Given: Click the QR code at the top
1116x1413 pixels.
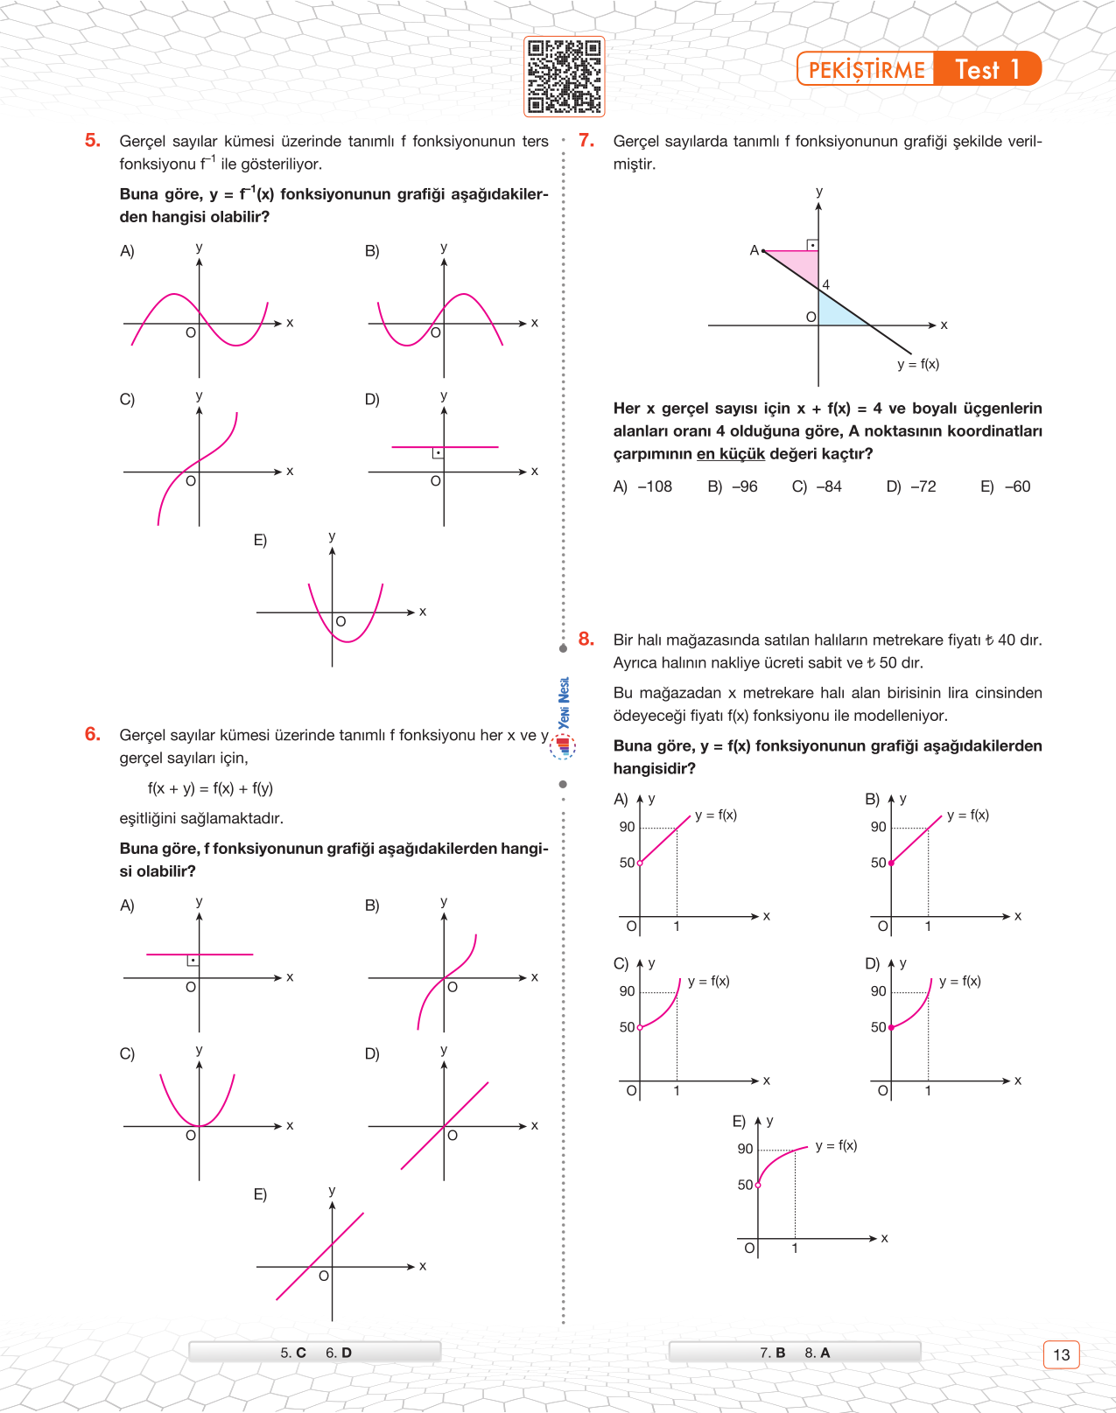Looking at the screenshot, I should (565, 77).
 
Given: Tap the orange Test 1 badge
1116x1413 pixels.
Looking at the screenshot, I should (987, 69).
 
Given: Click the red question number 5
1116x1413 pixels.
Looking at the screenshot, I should (93, 141).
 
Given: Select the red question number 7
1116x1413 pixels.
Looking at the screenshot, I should (586, 141).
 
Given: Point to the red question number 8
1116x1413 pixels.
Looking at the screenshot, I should (586, 640).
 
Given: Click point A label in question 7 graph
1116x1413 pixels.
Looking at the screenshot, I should (754, 250).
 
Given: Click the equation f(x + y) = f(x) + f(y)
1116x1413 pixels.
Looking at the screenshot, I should (210, 788).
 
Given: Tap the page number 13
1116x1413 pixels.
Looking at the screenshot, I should (1061, 1354).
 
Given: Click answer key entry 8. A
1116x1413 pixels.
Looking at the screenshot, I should (818, 1353).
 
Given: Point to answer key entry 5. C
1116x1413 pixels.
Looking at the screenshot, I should (293, 1353).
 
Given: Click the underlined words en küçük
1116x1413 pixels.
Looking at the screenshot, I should (731, 454).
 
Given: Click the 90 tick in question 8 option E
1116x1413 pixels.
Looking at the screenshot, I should (745, 1149).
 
